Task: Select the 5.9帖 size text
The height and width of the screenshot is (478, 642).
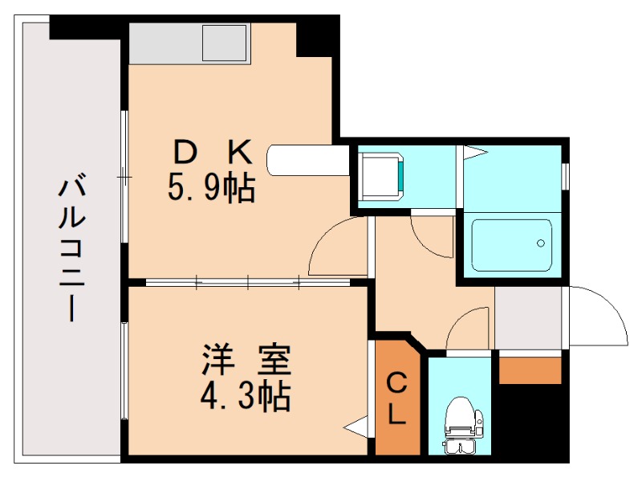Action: pyautogui.click(x=212, y=189)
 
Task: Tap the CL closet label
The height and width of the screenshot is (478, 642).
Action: pyautogui.click(x=397, y=398)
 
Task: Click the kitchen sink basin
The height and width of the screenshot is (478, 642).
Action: pyautogui.click(x=226, y=43)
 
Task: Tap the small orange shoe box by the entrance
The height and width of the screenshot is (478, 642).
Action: pyautogui.click(x=530, y=370)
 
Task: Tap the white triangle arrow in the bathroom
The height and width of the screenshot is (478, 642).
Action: pyautogui.click(x=473, y=150)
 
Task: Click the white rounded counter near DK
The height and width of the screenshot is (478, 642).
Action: pyautogui.click(x=309, y=158)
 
